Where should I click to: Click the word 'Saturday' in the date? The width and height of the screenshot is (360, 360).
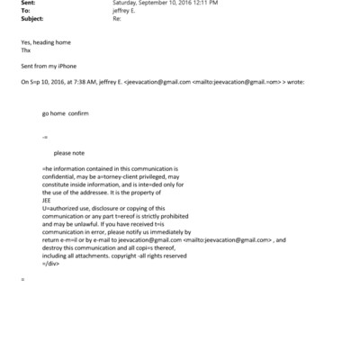point(126,3)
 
